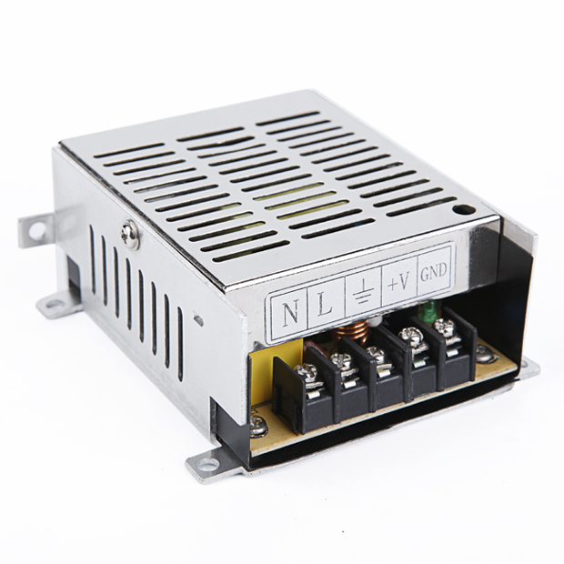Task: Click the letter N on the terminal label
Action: (290, 312)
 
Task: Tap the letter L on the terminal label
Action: (325, 306)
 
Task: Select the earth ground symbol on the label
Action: (362, 292)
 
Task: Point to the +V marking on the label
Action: (398, 283)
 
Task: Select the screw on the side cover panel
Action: (131, 235)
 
